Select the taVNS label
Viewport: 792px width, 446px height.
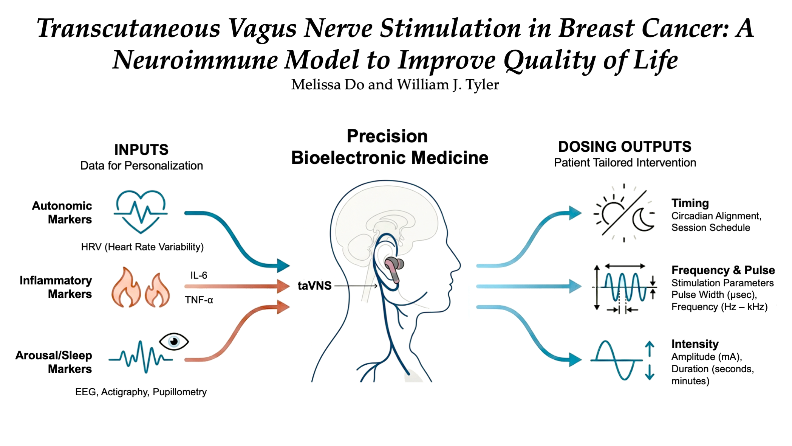coord(314,286)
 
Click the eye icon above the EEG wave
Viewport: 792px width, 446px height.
coord(174,342)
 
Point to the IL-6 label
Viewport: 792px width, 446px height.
coord(199,275)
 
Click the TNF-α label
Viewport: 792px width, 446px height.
coord(199,300)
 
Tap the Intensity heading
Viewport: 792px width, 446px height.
coord(695,344)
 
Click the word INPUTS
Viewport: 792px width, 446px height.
coord(141,150)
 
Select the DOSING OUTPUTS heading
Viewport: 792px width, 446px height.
coord(625,147)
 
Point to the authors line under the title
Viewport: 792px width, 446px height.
coord(395,85)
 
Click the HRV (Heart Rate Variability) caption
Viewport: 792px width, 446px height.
coord(142,247)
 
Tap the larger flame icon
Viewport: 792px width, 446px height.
coord(126,287)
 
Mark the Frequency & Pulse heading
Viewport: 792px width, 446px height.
coord(723,270)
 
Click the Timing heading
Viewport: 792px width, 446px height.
coord(690,203)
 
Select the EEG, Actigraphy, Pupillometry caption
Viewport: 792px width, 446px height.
coord(141,392)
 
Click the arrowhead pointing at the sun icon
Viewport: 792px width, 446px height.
coord(575,213)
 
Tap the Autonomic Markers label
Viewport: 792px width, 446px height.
coord(62,213)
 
